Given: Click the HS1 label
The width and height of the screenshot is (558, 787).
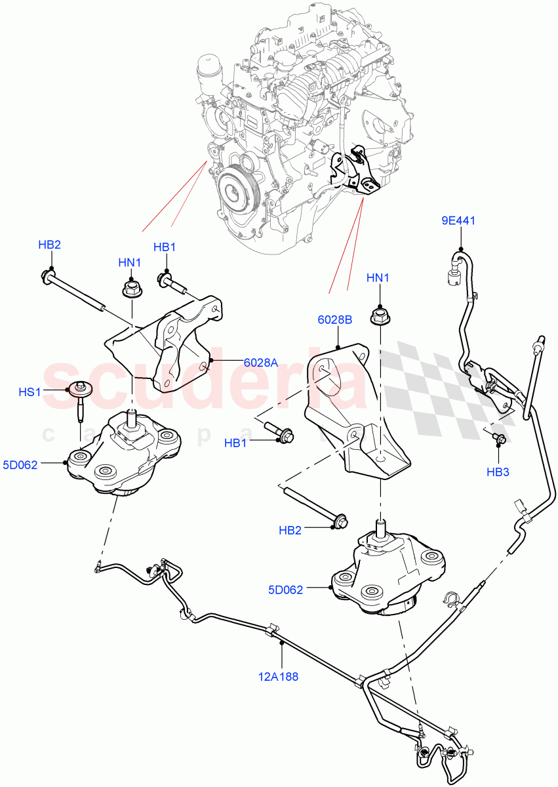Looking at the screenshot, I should click(30, 392).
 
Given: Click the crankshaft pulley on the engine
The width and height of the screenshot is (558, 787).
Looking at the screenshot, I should click(233, 191).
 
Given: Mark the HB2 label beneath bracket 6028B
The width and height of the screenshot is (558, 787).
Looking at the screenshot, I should click(289, 530).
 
